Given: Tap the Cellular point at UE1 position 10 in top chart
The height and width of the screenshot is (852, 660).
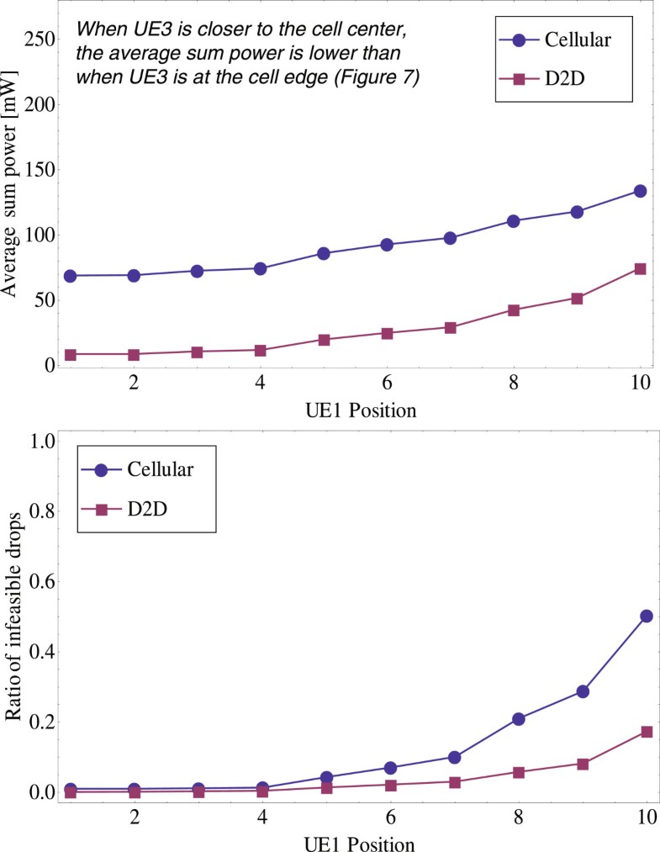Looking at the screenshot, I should tap(640, 191).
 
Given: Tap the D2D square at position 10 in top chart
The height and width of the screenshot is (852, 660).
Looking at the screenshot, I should tap(640, 269).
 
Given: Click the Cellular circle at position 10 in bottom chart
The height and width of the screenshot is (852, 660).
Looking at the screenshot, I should tap(646, 617).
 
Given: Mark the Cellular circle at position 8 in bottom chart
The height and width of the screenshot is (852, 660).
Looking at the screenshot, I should tap(518, 719).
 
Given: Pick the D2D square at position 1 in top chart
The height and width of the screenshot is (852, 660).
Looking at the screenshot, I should tap(71, 355).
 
